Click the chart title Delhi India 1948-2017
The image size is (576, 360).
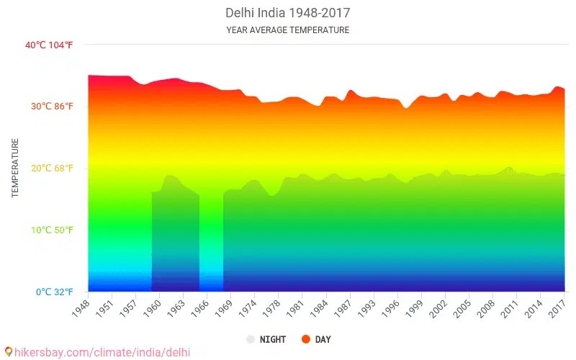pyautogui.click(x=287, y=13)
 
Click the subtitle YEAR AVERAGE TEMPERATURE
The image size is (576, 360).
pyautogui.click(x=287, y=30)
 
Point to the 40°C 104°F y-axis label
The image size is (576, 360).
pyautogui.click(x=49, y=45)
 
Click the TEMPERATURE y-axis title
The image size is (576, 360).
pyautogui.click(x=14, y=168)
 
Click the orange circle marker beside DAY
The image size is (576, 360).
pyautogui.click(x=306, y=339)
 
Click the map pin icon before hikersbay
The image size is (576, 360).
pyautogui.click(x=8, y=352)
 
